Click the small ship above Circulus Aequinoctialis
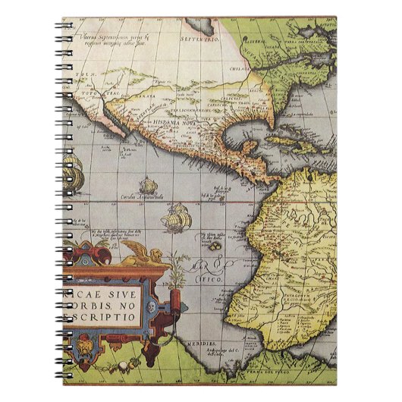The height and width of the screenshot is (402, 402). point(146,186)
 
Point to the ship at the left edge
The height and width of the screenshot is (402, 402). point(73,176)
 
